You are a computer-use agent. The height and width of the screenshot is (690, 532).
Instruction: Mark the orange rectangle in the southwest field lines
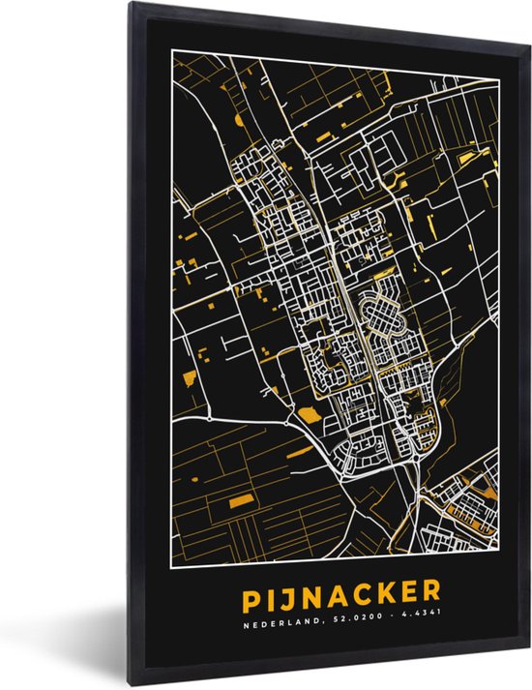click(241, 499)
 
